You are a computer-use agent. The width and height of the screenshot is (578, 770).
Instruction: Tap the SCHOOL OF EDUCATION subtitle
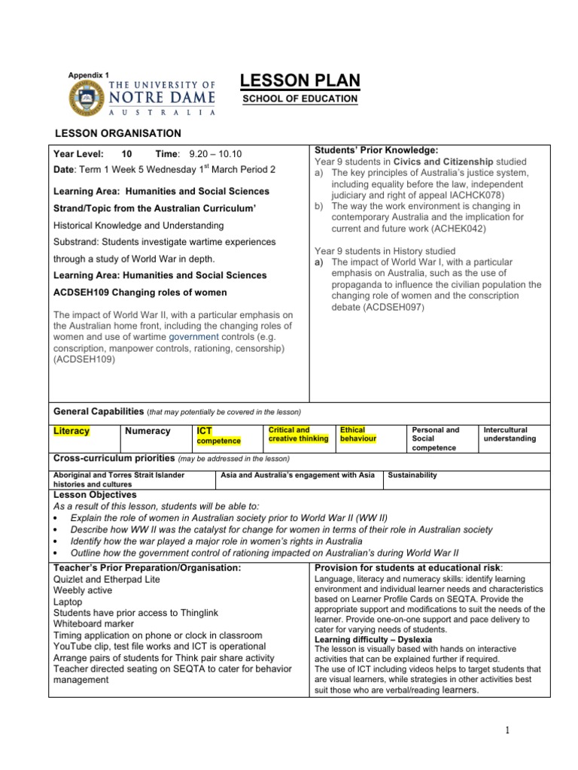300,99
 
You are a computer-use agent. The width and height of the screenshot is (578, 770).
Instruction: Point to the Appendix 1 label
89,74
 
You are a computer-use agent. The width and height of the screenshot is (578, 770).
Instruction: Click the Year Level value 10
126,153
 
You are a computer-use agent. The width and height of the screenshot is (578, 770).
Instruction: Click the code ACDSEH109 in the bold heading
84,292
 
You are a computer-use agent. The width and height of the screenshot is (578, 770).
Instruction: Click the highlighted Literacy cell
72,431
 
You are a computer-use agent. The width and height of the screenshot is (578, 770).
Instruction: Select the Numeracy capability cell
148,431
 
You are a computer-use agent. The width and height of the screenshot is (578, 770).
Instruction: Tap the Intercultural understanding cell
510,434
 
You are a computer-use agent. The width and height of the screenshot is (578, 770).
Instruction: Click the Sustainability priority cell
412,475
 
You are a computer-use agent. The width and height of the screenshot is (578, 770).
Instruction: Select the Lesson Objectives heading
93,495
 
